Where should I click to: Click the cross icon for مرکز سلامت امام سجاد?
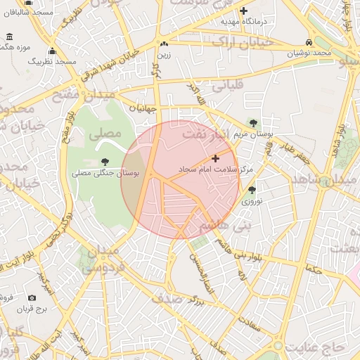click(x=215, y=159)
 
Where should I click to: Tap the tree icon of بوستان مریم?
click(x=252, y=122)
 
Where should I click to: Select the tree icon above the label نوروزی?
click(x=252, y=190)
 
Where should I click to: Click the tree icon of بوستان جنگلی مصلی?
click(x=105, y=162)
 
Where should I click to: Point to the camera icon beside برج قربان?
click(x=32, y=298)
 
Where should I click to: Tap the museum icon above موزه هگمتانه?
click(x=8, y=37)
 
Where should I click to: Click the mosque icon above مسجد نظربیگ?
click(x=52, y=51)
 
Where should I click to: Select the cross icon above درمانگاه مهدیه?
click(x=244, y=11)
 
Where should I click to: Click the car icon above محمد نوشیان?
click(x=310, y=42)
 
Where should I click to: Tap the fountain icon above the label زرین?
click(x=164, y=44)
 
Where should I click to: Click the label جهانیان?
click(x=141, y=108)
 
